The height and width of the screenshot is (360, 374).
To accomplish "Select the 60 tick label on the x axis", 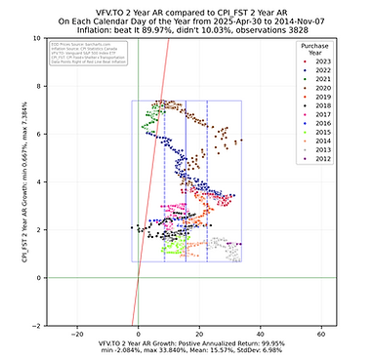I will point(321,334).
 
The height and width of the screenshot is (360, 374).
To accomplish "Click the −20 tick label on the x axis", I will point(76,334).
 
